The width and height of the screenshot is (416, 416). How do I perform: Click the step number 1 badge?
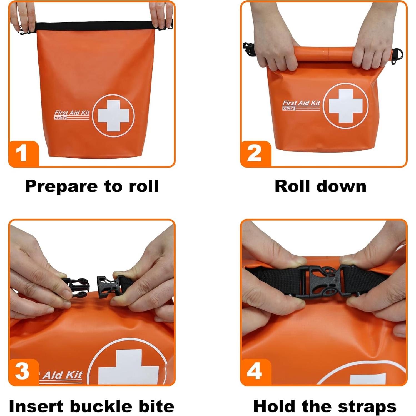pyautogui.click(x=22, y=153)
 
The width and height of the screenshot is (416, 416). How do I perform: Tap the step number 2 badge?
pyautogui.click(x=254, y=153)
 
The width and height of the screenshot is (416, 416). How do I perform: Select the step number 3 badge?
pyautogui.click(x=22, y=371)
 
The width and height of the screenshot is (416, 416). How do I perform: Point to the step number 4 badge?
pyautogui.click(x=254, y=371)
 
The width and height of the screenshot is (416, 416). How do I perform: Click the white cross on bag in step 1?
pyautogui.click(x=113, y=116)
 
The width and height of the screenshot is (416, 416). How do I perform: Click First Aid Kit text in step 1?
pyautogui.click(x=72, y=113)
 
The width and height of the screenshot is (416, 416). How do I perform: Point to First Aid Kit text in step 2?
pyautogui.click(x=301, y=103)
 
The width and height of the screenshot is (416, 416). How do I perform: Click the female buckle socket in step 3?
pyautogui.click(x=107, y=286)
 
